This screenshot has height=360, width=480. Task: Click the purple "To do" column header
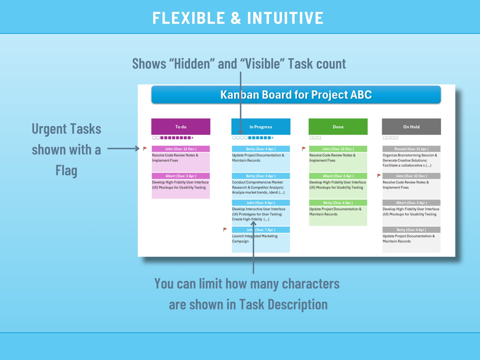point(181,127)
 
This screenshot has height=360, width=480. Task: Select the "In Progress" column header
point(261,127)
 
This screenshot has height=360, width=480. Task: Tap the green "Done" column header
point(338,127)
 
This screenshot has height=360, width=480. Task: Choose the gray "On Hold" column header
point(411,127)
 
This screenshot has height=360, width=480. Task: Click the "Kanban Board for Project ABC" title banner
point(296,95)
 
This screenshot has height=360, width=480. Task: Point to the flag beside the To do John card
point(145,148)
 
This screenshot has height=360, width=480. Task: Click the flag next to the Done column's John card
point(304,148)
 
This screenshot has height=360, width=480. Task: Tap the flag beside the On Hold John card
point(379,175)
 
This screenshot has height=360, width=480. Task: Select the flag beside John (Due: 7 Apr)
point(225,229)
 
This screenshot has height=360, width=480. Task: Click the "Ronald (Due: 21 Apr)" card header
point(411,149)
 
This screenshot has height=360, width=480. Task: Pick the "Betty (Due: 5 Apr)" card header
point(261,176)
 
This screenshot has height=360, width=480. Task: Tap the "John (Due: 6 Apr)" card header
point(261,203)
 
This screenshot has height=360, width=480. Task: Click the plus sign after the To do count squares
point(192,138)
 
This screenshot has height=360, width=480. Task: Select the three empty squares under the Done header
point(315,138)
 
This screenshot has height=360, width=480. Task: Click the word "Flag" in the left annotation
point(66,170)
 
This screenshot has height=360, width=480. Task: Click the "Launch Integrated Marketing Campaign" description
point(255,238)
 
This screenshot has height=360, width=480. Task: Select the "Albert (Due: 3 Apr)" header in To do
point(181,176)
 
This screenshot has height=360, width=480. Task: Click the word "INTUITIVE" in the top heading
point(285,18)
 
